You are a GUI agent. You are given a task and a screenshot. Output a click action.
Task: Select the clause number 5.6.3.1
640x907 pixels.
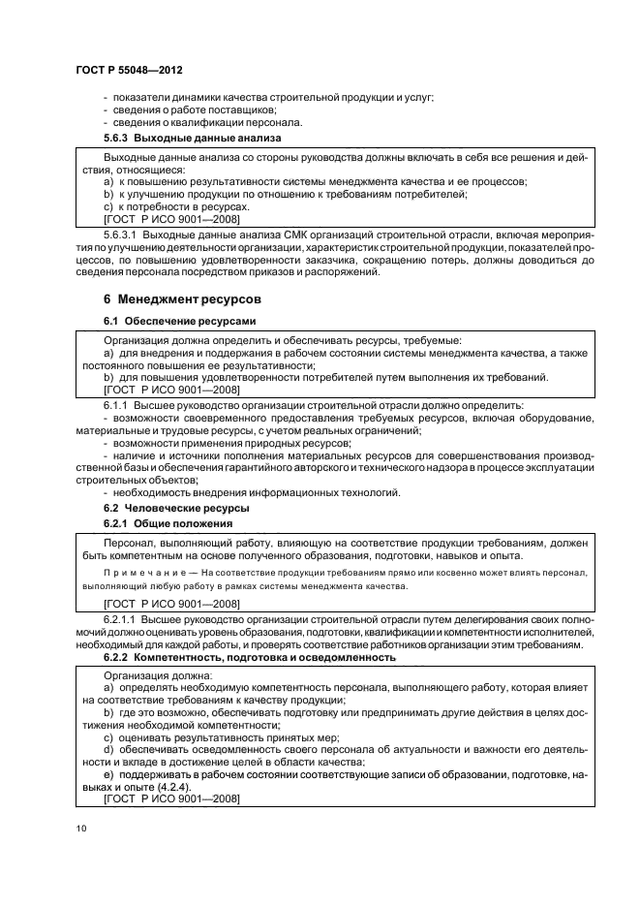click(123, 235)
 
